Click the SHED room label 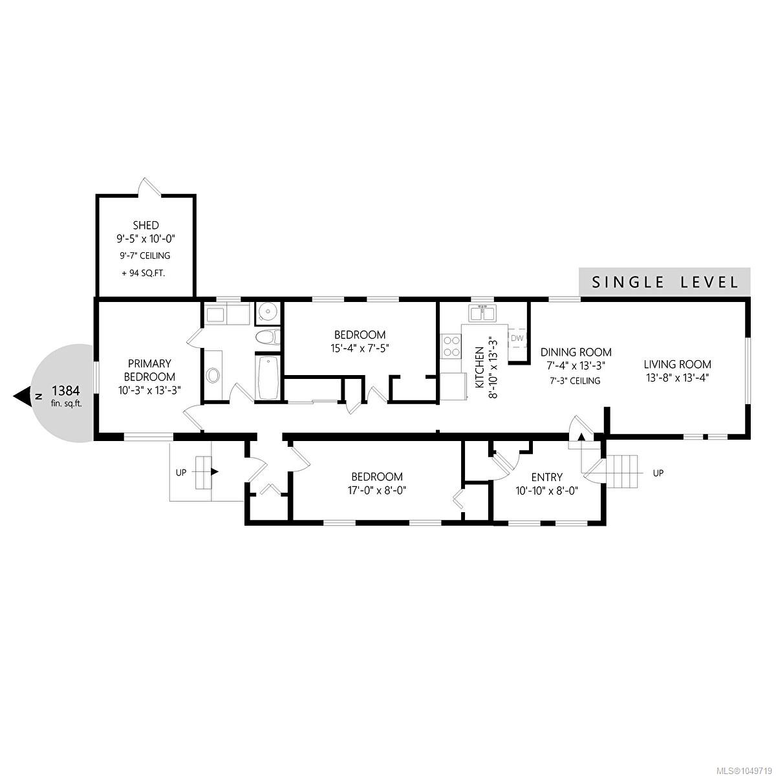click(x=145, y=225)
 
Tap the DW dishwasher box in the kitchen click(x=517, y=338)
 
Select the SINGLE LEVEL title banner click(x=665, y=282)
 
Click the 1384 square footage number click(x=67, y=390)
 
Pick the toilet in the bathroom click(x=268, y=337)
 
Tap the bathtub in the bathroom click(x=266, y=376)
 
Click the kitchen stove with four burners click(x=451, y=346)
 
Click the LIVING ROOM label click(x=677, y=365)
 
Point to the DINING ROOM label click(x=576, y=352)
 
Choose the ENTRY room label click(x=547, y=477)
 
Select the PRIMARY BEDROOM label click(x=149, y=371)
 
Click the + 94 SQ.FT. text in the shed click(x=144, y=273)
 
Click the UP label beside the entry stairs click(x=658, y=473)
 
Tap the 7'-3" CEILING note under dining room click(x=575, y=380)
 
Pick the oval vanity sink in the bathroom click(x=213, y=376)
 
